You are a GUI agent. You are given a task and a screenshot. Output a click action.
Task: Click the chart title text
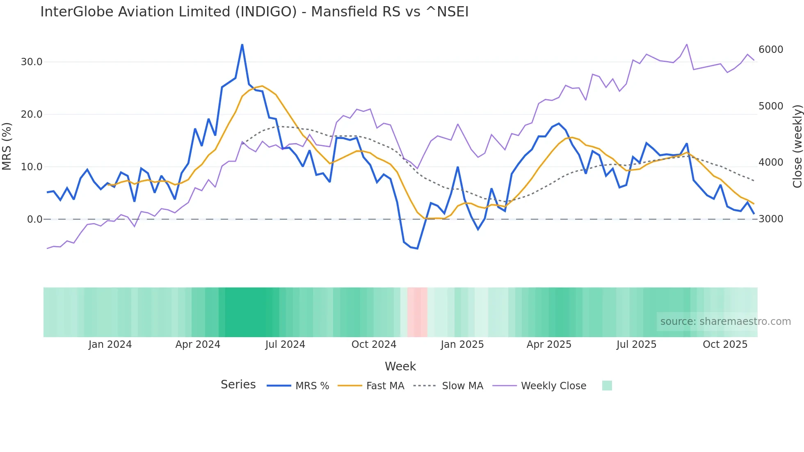pos(254,12)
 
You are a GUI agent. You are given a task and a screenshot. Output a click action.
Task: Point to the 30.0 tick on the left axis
pos(32,62)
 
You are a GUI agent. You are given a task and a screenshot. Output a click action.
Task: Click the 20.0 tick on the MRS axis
pos(32,114)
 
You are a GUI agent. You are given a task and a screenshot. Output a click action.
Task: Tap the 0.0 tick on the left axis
pos(34,219)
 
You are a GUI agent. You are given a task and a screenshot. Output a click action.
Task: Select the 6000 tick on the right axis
pos(771,50)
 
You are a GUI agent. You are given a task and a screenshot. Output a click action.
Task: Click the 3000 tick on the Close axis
pos(771,219)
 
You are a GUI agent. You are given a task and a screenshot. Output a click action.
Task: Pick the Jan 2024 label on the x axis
pos(110,345)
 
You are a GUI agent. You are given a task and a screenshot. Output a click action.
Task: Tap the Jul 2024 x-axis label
pos(285,345)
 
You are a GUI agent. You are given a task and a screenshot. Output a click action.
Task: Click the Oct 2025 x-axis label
pos(725,345)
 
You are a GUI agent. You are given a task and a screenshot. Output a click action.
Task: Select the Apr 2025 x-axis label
pos(549,345)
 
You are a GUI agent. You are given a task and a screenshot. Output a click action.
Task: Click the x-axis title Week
pos(400,366)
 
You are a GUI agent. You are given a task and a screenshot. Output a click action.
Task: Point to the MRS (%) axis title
pos(7,146)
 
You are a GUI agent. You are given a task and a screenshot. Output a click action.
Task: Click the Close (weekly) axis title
pos(797,146)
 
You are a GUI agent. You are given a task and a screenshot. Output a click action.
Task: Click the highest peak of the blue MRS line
pos(242,45)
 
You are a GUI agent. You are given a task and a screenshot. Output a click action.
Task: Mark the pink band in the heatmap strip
pos(418,312)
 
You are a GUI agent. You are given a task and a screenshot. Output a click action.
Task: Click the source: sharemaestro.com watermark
pos(725,322)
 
